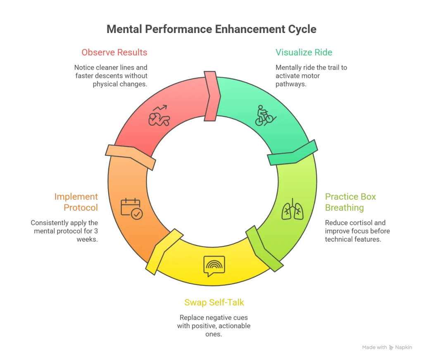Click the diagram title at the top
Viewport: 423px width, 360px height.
coord(211,30)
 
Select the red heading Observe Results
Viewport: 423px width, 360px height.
coord(114,53)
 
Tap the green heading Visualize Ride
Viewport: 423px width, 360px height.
coord(304,52)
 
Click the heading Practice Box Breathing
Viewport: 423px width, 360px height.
coord(350,202)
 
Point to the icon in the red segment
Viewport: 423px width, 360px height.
coord(159,116)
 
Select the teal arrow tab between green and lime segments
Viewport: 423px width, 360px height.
coord(293,153)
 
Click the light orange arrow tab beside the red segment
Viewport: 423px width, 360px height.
coord(131,157)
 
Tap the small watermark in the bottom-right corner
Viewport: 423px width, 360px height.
coord(386,347)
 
